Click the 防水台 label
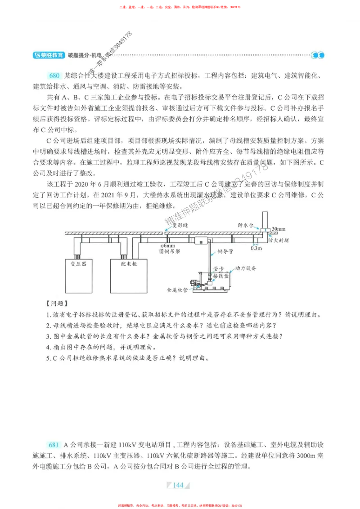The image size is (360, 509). pyautogui.click(x=246, y=224)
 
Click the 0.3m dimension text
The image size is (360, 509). pyautogui.click(x=256, y=248)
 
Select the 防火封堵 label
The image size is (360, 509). pyautogui.click(x=278, y=241)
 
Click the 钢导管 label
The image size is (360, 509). pyautogui.click(x=225, y=252)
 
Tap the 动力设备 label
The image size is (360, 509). pyautogui.click(x=246, y=268)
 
